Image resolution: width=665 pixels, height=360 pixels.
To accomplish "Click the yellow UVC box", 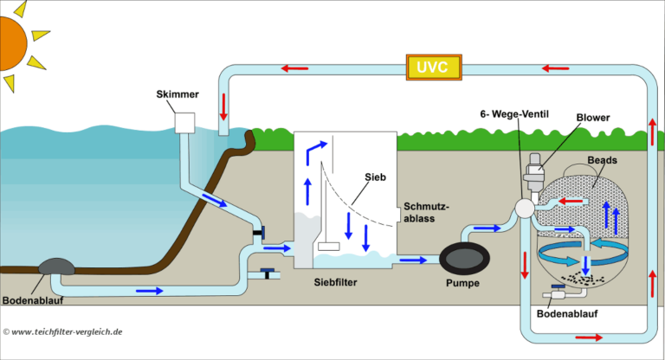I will (434, 68).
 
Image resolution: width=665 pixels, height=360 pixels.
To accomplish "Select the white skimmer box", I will (186, 123).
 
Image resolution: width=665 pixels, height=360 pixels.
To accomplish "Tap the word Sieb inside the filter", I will (373, 177).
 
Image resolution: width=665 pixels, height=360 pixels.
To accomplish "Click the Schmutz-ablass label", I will (425, 213).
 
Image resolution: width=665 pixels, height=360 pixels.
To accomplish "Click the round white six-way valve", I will (523, 209).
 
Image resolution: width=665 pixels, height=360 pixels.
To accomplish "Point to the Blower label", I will (593, 116).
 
